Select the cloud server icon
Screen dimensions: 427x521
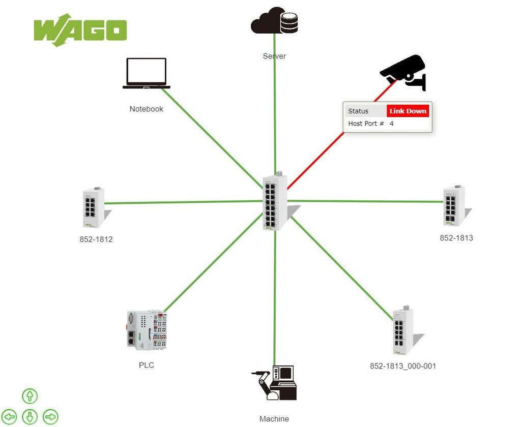point(274,21)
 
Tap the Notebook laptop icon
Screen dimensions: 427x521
point(147,73)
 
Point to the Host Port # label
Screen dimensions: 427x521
point(366,124)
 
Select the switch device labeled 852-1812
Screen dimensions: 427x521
point(94,207)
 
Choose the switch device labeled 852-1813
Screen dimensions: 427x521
point(454,205)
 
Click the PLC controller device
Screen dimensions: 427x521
point(147,330)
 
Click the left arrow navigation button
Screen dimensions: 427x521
point(10,417)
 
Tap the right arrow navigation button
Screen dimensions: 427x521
point(50,417)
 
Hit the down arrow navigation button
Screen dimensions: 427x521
point(30,417)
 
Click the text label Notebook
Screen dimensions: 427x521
point(147,109)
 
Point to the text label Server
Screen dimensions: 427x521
point(274,56)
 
